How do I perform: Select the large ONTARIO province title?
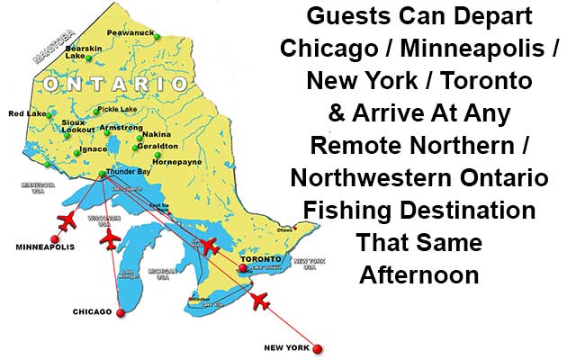(118, 83)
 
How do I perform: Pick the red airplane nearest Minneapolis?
(67, 220)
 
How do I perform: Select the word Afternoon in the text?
(419, 274)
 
